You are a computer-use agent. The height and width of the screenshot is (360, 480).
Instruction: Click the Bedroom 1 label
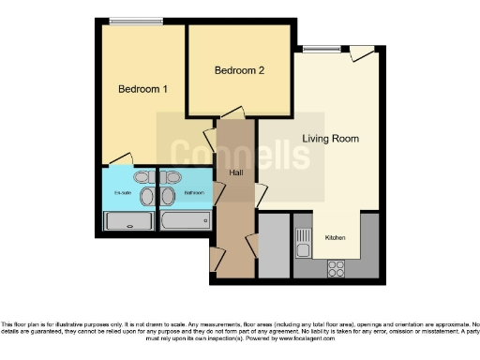point(142,90)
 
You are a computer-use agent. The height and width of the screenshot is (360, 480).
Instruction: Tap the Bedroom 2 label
point(239,70)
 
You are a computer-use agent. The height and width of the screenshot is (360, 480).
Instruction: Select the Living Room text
point(330,139)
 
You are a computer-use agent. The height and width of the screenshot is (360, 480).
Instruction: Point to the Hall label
point(235,172)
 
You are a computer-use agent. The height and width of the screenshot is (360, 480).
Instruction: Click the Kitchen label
point(336,238)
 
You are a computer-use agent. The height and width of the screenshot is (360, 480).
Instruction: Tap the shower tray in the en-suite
point(127,221)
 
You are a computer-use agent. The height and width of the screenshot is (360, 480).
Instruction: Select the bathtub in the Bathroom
point(186,221)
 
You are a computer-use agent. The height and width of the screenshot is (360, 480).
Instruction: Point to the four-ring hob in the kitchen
point(335,267)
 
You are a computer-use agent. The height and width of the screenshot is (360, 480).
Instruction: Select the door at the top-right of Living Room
point(362,54)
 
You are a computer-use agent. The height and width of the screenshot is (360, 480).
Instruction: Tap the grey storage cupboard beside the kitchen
point(273,246)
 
